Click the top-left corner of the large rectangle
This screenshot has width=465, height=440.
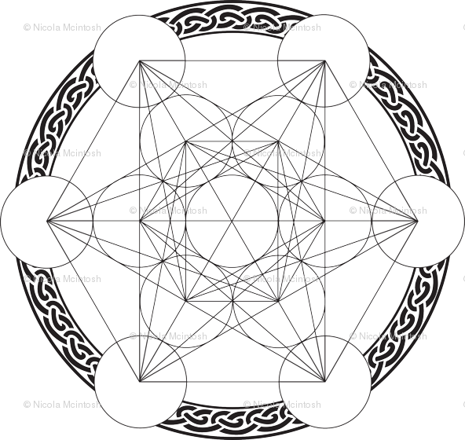coord(139,60)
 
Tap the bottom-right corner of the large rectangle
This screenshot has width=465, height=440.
coord(325,382)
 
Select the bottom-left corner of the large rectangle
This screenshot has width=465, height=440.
coord(139,382)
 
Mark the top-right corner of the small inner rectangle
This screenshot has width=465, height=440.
coord(278,141)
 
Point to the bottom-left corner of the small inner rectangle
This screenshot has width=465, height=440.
coord(185,301)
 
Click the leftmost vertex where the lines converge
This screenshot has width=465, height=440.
coord(46,221)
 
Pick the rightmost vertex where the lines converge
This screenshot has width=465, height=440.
coord(418,221)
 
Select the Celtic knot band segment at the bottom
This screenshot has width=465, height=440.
coord(233,417)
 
